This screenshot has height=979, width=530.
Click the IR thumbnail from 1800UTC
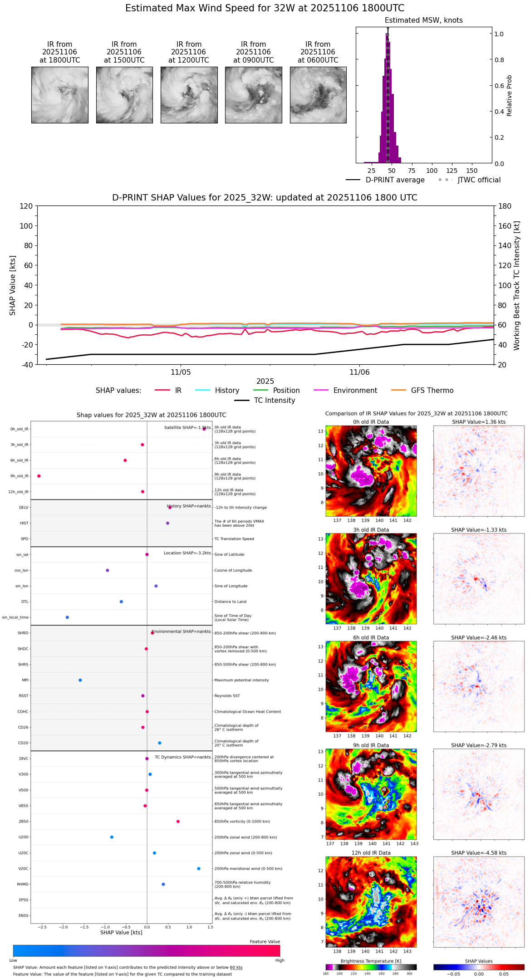pyautogui.click(x=60, y=95)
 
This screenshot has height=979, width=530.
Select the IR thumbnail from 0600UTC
pyautogui.click(x=318, y=95)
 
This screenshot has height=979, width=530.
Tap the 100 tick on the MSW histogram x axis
pyautogui.click(x=432, y=171)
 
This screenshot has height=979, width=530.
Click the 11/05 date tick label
pyautogui.click(x=181, y=372)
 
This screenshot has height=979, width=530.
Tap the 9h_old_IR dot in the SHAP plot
pyautogui.click(x=39, y=476)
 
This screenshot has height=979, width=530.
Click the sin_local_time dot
pyautogui.click(x=67, y=617)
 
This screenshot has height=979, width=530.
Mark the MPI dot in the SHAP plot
pyautogui.click(x=80, y=680)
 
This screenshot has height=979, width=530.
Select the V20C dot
pyautogui.click(x=199, y=869)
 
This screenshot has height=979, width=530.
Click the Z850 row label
pyautogui.click(x=23, y=822)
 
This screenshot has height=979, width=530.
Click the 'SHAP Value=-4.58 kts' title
pyautogui.click(x=479, y=853)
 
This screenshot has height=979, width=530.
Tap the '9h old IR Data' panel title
pyautogui.click(x=371, y=745)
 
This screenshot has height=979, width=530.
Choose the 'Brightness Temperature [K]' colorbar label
pyautogui.click(x=371, y=961)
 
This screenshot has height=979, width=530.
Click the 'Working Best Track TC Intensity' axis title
pyautogui.click(x=517, y=286)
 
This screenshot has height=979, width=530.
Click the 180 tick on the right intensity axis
pyautogui.click(x=505, y=206)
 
